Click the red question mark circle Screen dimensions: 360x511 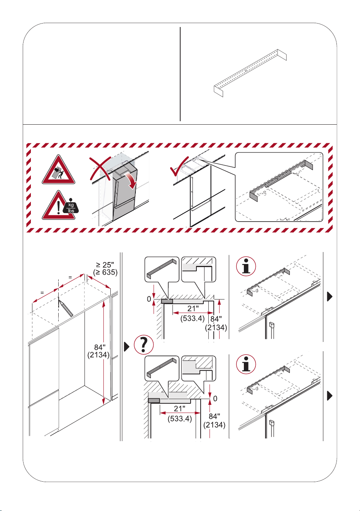pos(144,345)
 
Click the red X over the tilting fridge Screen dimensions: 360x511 pos(100,169)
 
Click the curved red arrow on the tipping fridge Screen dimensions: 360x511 pos(131,181)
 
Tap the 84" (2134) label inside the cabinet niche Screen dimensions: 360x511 pos(98,351)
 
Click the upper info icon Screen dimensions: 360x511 pos(246,266)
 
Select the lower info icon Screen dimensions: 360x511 pos(246,364)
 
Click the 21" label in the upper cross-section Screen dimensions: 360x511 pos(193,308)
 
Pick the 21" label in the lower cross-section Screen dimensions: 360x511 pos(179,408)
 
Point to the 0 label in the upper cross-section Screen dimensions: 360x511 pos(149,299)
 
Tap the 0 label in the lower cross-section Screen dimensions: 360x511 pos(215,399)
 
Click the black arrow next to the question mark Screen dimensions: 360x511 pos(127,347)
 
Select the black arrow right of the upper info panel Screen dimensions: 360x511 pos(330,296)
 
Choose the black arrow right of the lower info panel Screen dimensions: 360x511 pos(330,396)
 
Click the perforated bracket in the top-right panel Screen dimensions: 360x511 pos(250,73)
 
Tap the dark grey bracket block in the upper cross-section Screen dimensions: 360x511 pos(167,301)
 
